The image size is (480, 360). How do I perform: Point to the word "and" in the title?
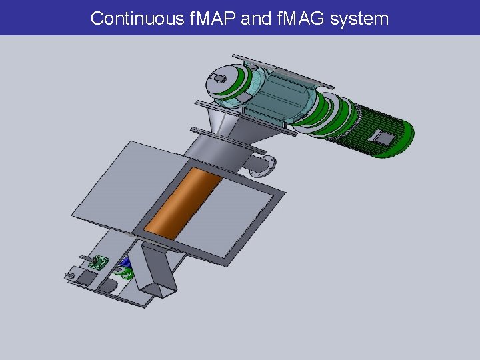[x=255, y=18]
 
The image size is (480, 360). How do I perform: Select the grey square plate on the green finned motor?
[x=384, y=138]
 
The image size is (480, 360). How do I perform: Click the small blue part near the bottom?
[x=125, y=262]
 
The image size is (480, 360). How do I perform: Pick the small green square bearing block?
[x=101, y=263]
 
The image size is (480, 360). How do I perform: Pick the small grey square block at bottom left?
[x=87, y=275]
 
